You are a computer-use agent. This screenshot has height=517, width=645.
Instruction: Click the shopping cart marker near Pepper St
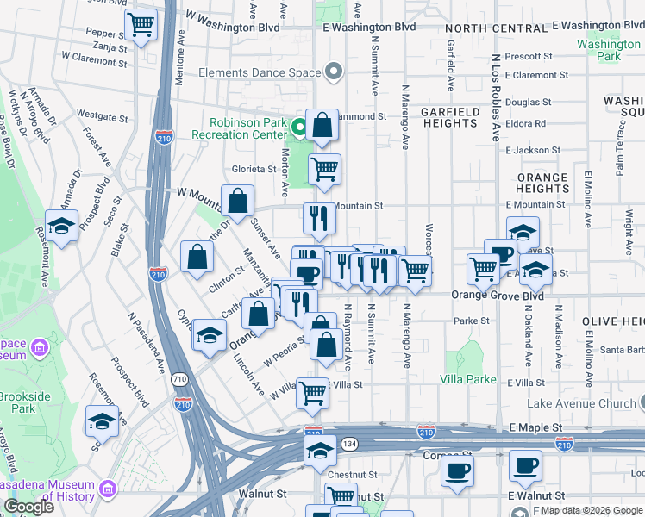tap(141, 23)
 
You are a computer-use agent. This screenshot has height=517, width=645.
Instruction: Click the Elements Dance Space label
tap(260, 73)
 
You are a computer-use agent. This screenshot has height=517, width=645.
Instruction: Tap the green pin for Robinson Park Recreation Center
tap(299, 129)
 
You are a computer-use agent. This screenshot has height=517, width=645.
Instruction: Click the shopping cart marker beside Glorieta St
tap(324, 170)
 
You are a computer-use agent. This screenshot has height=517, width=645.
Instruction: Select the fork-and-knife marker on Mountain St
tap(319, 219)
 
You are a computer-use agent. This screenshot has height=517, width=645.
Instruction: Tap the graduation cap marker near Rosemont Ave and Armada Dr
tap(62, 227)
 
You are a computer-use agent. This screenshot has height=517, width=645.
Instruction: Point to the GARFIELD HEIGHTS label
tap(448, 118)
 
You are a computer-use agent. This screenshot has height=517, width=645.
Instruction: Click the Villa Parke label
tap(468, 379)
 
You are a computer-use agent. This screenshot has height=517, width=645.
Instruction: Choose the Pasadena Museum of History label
tap(57, 489)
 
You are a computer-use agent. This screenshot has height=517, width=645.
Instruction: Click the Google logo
tap(28, 507)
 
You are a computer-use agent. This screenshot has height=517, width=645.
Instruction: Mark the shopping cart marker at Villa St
tap(313, 393)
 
